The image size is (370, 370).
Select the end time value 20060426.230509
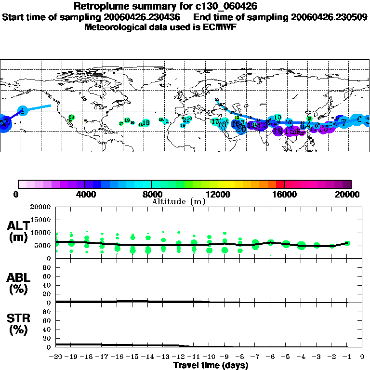330,17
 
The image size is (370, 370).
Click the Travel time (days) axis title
211,366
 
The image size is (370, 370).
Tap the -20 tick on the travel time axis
56,357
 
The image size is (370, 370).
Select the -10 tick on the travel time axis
209,357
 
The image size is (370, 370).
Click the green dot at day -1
347,243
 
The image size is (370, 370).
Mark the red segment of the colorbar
279,184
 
